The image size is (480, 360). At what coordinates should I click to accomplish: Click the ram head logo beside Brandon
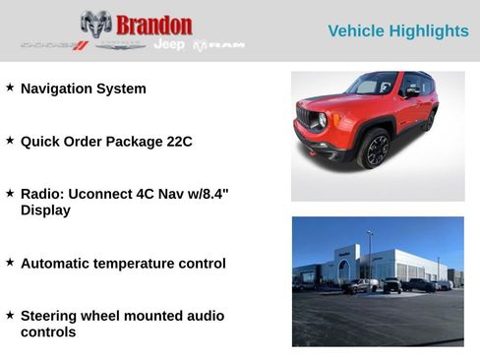click(95, 24)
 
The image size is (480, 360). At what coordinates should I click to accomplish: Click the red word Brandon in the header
click(153, 25)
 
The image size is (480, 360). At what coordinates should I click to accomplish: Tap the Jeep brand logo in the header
click(168, 45)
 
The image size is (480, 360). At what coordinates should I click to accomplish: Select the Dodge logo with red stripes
click(55, 45)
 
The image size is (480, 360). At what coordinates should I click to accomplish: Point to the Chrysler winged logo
click(120, 45)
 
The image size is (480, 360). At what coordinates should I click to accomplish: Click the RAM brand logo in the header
click(218, 45)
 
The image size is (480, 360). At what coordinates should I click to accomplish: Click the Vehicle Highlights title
click(397, 31)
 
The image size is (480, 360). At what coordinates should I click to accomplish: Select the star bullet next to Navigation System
click(10, 88)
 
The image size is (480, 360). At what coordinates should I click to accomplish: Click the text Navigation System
click(83, 89)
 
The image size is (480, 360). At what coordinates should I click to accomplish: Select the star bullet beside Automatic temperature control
click(10, 263)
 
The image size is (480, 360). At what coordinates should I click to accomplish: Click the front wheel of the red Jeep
click(375, 149)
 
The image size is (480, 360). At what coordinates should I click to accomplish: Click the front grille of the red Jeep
click(305, 118)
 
